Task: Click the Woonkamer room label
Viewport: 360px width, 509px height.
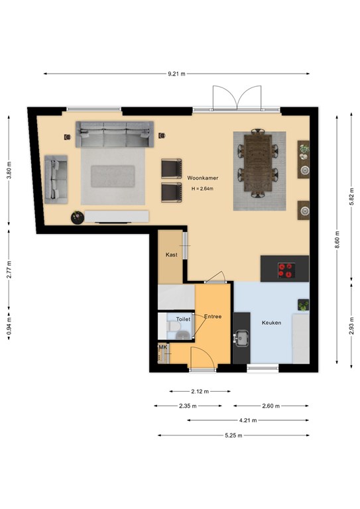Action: click(203, 178)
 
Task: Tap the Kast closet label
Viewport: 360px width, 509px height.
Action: click(172, 254)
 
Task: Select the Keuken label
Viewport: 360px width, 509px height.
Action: click(271, 323)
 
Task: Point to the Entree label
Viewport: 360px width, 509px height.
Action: click(213, 316)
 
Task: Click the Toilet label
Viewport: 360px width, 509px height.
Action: click(183, 319)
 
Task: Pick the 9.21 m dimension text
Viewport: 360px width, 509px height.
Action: click(176, 74)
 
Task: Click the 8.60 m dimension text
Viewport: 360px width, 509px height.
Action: click(337, 239)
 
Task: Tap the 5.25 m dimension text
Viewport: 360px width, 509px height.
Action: click(233, 435)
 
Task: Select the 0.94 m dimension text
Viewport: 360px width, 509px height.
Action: click(9, 326)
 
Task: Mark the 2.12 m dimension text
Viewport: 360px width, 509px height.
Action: click(200, 392)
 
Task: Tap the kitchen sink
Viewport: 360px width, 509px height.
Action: click(241, 338)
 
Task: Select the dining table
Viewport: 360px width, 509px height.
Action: click(258, 163)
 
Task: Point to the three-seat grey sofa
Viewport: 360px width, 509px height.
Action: click(115, 135)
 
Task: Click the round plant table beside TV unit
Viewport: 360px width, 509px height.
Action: click(78, 217)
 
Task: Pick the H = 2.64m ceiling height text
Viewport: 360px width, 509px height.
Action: click(203, 189)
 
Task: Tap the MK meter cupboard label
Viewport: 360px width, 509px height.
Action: click(163, 347)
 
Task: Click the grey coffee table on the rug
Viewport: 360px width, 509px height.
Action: click(113, 176)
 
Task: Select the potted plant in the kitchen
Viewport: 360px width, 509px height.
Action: click(303, 305)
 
